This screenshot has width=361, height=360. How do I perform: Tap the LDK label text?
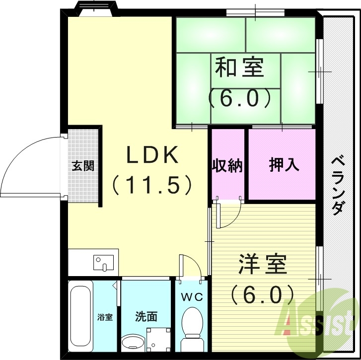pyautogui.click(x=151, y=156)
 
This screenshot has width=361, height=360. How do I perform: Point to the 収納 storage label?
pyautogui.click(x=228, y=165)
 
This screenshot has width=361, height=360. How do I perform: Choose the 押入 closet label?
pyautogui.click(x=284, y=165)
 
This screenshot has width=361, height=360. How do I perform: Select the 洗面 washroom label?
pyautogui.click(x=146, y=316)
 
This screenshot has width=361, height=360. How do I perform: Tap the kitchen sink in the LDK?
pyautogui.click(x=104, y=263)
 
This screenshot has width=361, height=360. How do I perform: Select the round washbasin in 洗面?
pyautogui.click(x=132, y=343)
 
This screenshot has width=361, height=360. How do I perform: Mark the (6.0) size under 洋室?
pyautogui.click(x=263, y=295)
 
